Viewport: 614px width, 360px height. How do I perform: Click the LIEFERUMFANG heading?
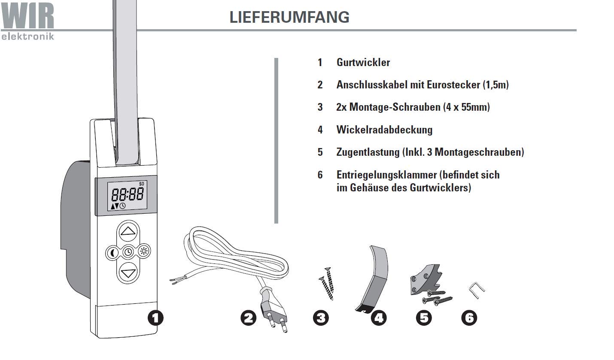[x=289, y=17]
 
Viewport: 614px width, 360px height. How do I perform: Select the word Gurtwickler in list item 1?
[x=363, y=63]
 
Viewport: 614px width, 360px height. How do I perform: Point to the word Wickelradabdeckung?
[x=384, y=130]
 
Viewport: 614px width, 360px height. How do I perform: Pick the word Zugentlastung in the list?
[x=368, y=152]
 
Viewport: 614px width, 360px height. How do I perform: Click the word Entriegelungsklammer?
[x=386, y=175]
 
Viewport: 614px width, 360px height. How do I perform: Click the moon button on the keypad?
[x=113, y=253]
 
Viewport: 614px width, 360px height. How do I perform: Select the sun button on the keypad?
[x=143, y=253]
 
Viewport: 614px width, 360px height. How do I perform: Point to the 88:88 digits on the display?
[x=128, y=195]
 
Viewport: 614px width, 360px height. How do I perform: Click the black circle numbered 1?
[x=155, y=318]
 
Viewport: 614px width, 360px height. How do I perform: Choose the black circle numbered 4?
[x=379, y=318]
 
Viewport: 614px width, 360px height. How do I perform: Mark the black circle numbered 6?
[x=469, y=318]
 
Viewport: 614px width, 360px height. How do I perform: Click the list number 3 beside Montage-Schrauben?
[x=320, y=107]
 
